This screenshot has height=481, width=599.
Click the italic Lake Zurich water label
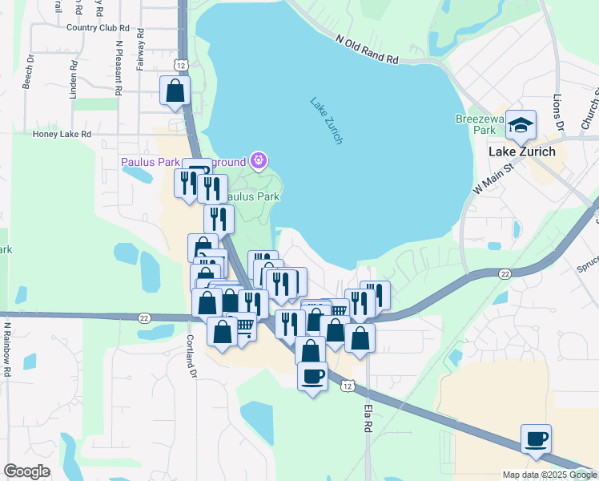point(327,120)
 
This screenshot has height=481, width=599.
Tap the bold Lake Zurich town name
point(522,152)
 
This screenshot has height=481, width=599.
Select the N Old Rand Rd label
point(367,49)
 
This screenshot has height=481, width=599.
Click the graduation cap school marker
point(521,125)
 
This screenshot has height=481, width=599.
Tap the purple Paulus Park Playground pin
point(258,161)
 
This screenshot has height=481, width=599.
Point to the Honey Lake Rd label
point(62,134)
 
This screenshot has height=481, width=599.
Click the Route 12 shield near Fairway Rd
point(181,65)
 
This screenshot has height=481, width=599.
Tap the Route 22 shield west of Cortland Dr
point(144,318)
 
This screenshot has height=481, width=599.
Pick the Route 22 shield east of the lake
point(505,274)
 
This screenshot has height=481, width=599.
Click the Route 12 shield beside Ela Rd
point(346,386)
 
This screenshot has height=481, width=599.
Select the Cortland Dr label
point(192,354)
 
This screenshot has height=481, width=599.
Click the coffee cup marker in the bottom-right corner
point(536,439)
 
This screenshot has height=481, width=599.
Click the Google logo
point(26,471)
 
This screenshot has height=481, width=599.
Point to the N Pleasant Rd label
point(119,67)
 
